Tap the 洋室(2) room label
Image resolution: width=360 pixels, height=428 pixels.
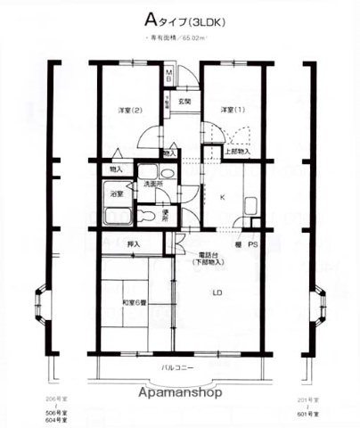coord(130,110)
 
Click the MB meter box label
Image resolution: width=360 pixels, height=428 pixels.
coord(169,76)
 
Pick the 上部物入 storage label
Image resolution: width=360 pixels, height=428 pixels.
coord(236,152)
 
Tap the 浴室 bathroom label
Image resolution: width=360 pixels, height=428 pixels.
coord(117,193)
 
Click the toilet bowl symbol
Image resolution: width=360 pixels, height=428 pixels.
coord(147,214)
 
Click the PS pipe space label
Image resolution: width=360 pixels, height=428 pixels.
coord(253,244)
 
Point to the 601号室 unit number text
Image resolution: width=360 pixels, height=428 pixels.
coord(307,413)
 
